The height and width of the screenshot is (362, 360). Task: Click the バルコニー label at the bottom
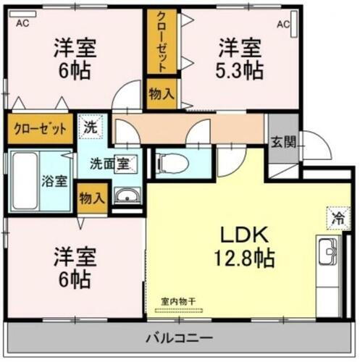(178, 338)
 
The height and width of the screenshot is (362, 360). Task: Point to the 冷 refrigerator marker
(335, 216)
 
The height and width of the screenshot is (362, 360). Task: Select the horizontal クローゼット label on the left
(41, 130)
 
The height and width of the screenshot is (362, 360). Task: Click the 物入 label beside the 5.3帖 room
(160, 93)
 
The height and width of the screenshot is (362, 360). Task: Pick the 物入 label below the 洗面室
(92, 197)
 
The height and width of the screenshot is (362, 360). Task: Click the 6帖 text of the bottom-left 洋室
(75, 278)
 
